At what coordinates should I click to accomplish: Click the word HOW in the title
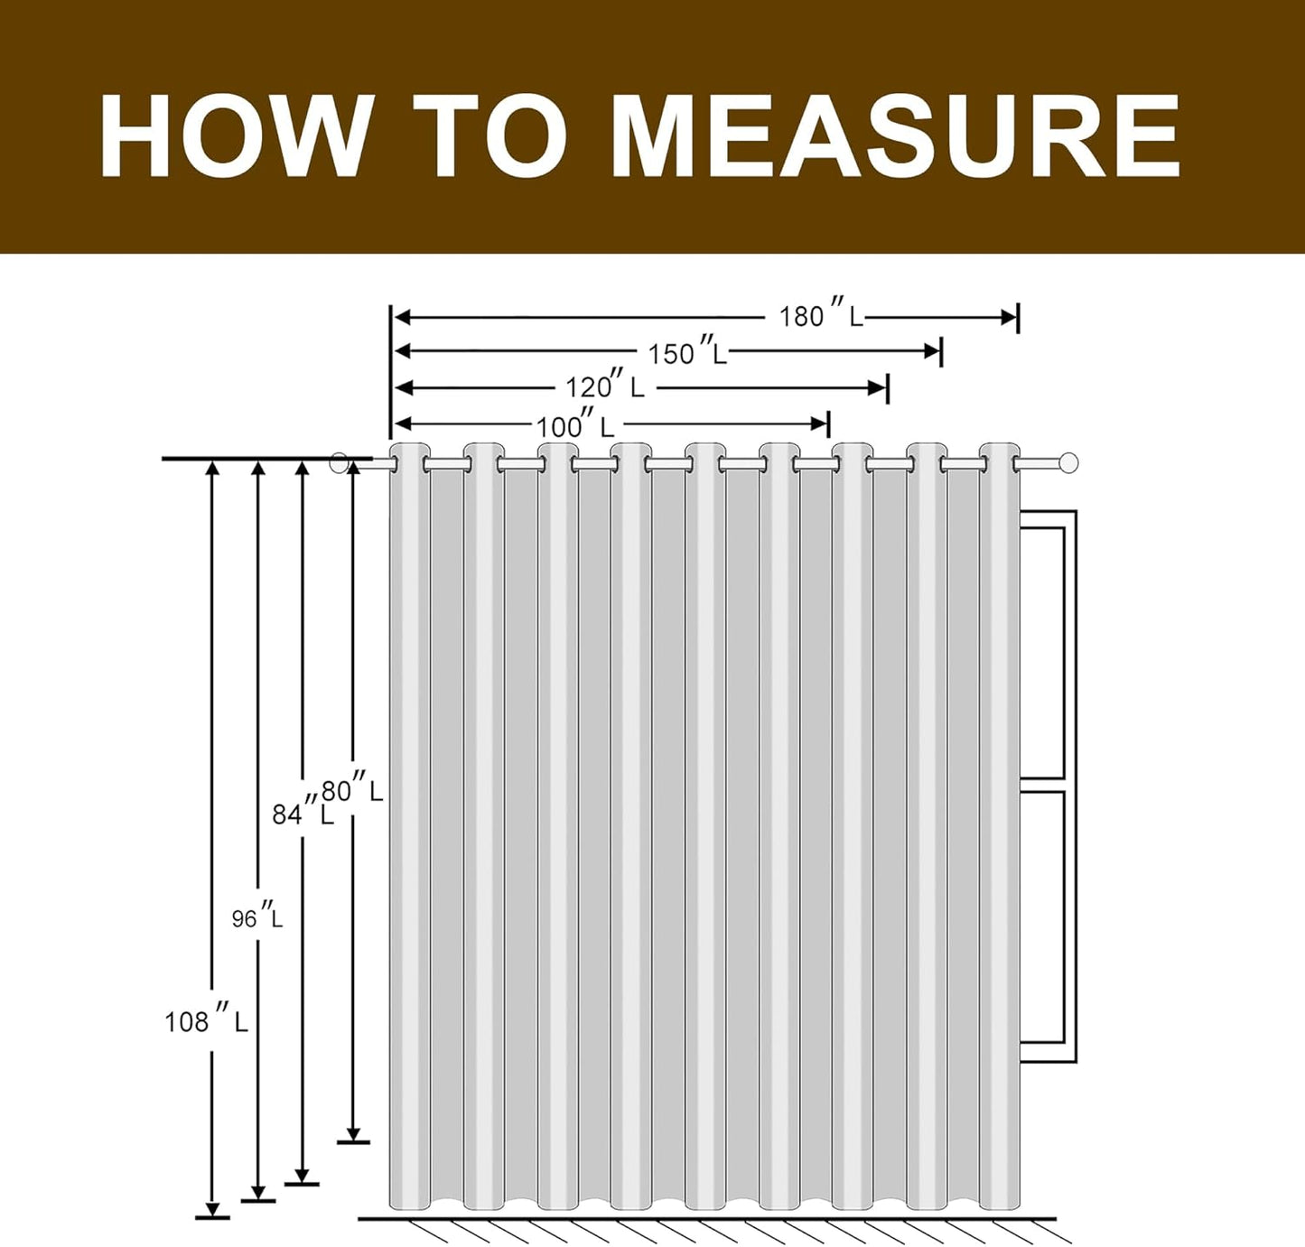235,135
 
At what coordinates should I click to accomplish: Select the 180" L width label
820,316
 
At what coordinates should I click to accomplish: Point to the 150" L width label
686,352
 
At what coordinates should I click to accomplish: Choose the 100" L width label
575,426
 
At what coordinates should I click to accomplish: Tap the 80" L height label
351,790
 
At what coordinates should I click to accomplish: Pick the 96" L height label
257,917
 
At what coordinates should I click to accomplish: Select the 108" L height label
206,1021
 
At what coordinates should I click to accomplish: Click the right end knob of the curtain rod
1068,463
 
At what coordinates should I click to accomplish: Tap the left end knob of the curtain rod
339,463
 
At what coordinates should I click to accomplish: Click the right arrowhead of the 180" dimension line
1009,317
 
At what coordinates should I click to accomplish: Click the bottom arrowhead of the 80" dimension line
353,1134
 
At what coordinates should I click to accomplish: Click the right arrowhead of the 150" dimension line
933,351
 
